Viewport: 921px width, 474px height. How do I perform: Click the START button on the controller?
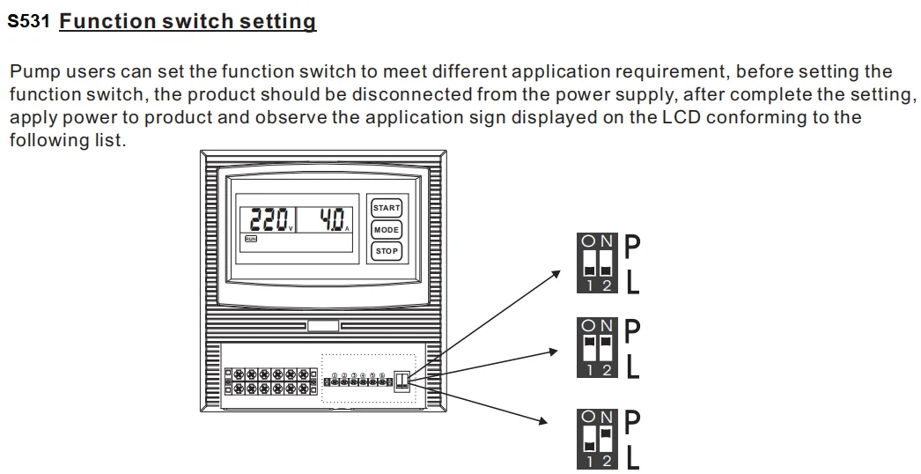click(x=386, y=208)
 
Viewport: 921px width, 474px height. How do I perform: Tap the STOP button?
click(x=386, y=250)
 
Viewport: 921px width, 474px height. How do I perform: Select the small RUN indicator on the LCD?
click(x=251, y=239)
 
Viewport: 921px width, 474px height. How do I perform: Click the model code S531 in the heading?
click(x=29, y=22)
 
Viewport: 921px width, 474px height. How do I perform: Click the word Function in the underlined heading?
click(x=107, y=21)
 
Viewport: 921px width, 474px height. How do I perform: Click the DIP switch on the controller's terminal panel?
click(x=402, y=379)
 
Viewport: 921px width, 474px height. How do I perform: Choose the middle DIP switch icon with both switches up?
click(x=597, y=348)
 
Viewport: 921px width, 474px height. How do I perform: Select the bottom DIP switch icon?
click(x=597, y=438)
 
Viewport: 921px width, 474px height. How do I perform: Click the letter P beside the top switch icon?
click(x=632, y=248)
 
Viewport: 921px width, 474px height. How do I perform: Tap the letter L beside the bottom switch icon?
click(x=633, y=457)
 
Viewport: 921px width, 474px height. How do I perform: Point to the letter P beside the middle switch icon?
click(x=632, y=332)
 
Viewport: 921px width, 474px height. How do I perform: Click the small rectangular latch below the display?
click(x=323, y=326)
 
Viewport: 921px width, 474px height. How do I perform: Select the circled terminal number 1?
click(x=335, y=376)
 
